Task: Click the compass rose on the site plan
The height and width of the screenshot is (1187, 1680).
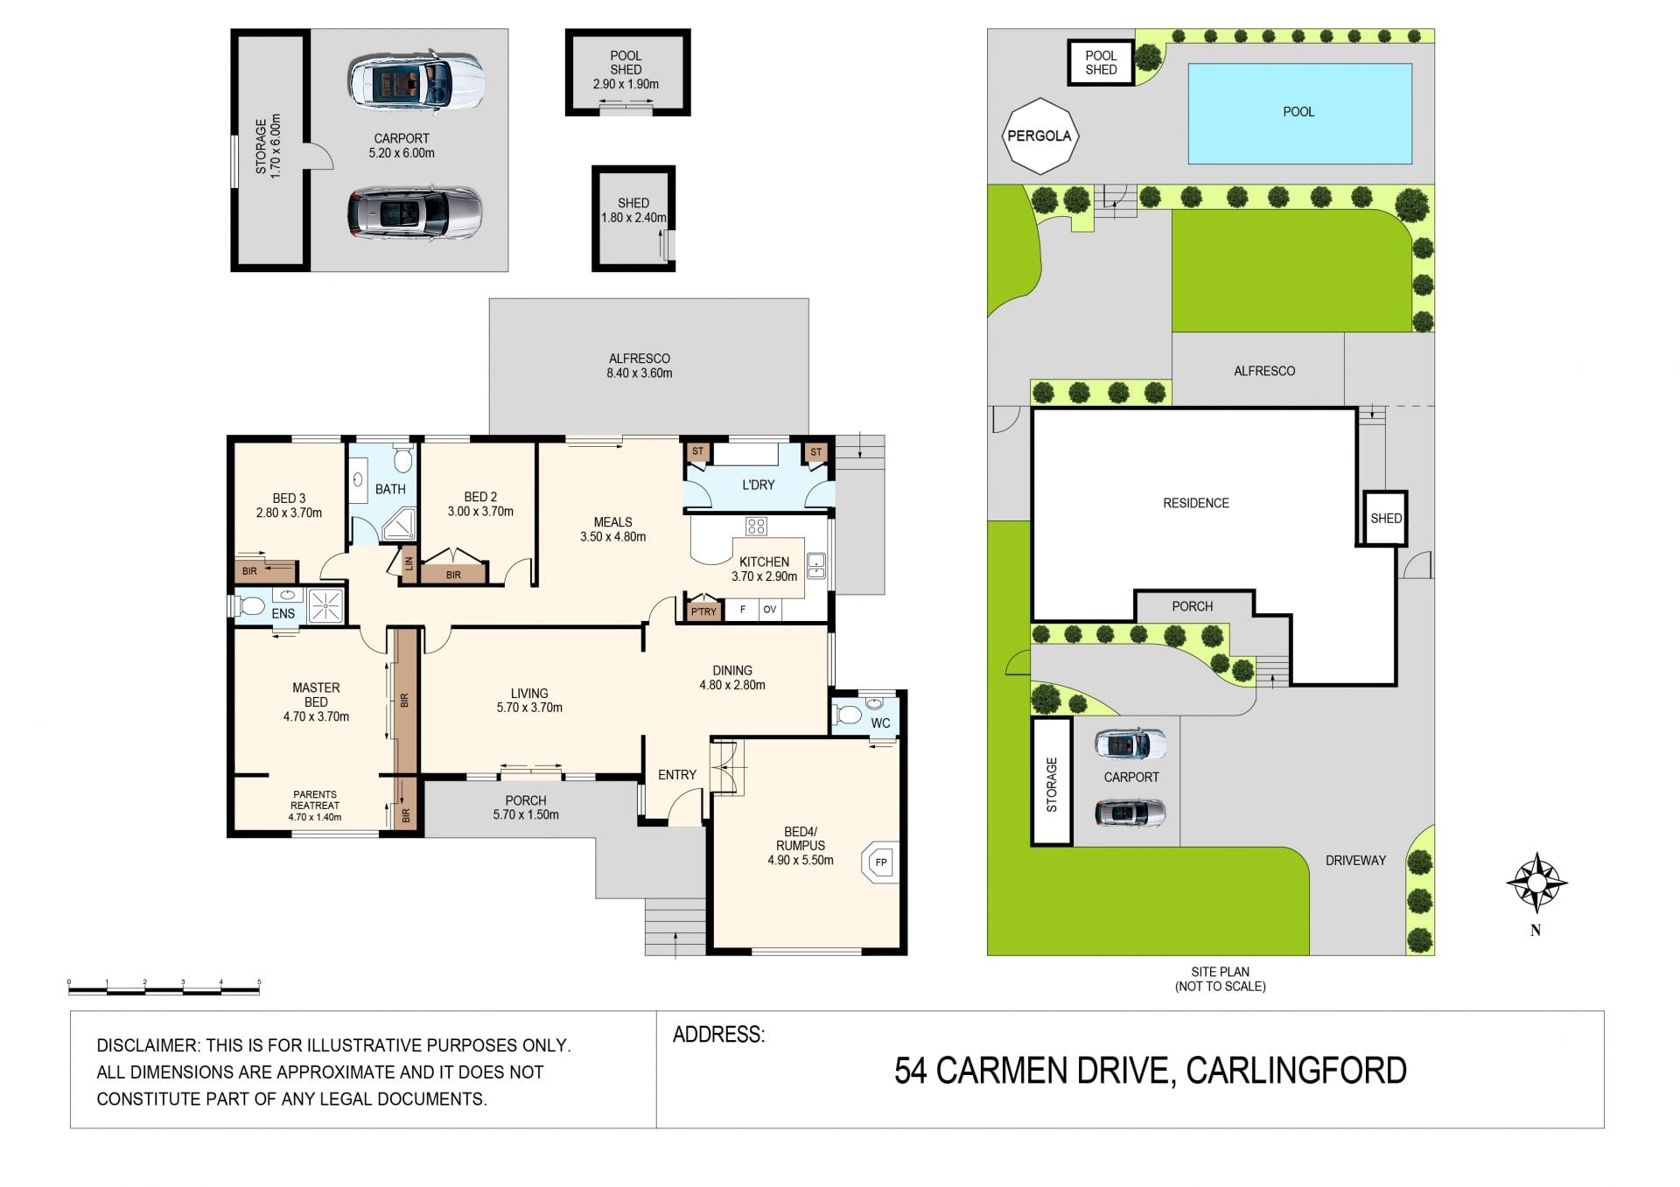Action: click(1536, 883)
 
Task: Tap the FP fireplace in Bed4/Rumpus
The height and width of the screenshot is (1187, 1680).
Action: click(881, 862)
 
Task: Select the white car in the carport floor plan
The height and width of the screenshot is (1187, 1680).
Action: click(416, 80)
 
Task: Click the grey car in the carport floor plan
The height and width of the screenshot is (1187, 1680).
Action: click(415, 213)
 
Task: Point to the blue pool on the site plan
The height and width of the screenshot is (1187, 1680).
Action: click(1299, 114)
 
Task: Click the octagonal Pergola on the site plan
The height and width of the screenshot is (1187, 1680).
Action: click(1039, 136)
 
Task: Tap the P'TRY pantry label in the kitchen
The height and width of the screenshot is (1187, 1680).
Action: click(703, 611)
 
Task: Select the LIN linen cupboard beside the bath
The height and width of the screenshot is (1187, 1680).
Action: click(409, 563)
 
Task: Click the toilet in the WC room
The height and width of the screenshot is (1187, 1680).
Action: click(846, 715)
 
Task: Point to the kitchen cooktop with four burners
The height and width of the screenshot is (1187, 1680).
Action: click(756, 526)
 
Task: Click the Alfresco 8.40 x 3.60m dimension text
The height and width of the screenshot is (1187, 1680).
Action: click(640, 374)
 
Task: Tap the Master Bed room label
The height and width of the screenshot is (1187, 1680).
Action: click(316, 695)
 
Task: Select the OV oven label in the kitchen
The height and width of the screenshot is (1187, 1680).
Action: click(769, 610)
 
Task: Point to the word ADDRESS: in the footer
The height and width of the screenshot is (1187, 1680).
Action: click(718, 1035)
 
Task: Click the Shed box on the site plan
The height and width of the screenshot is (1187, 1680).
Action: click(1385, 518)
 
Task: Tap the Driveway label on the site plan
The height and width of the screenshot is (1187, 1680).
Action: click(1355, 861)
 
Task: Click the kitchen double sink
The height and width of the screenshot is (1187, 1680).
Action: click(815, 566)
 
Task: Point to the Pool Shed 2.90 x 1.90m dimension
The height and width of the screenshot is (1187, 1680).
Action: click(626, 84)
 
